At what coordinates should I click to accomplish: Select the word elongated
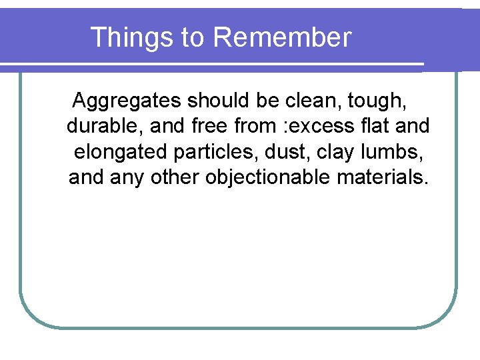point(121,153)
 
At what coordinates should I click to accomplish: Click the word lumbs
point(399,152)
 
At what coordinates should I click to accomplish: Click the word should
point(219,101)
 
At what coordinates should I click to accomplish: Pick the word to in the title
point(193,38)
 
